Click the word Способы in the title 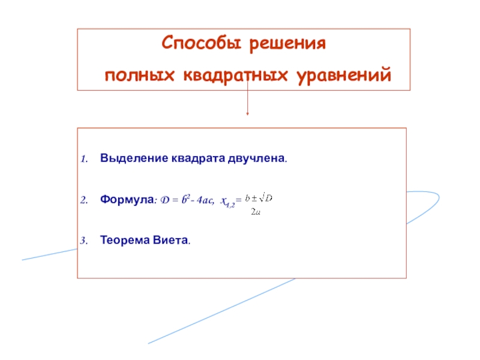point(196,44)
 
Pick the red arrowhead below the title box point(247,113)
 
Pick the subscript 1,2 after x point(230,204)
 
